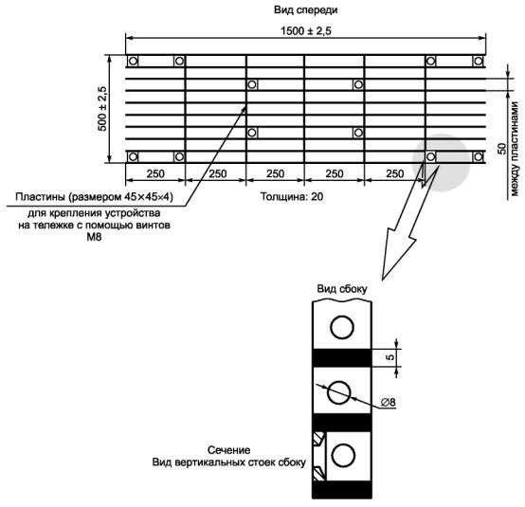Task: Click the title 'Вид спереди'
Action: pyautogui.click(x=305, y=10)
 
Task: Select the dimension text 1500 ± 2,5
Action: pyautogui.click(x=306, y=31)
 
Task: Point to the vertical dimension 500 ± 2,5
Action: pyautogui.click(x=102, y=108)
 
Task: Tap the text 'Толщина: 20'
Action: pyautogui.click(x=292, y=196)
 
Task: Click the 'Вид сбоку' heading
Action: pyautogui.click(x=342, y=289)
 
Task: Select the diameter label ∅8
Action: pyautogui.click(x=388, y=402)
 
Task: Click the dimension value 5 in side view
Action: pyautogui.click(x=390, y=357)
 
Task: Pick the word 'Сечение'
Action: pyautogui.click(x=229, y=450)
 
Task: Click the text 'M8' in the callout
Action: pyautogui.click(x=94, y=237)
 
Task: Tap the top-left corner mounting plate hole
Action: pyautogui.click(x=133, y=62)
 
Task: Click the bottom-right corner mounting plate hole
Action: pyautogui.click(x=479, y=156)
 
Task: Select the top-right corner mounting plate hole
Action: pyautogui.click(x=479, y=62)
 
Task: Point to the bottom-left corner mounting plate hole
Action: pyautogui.click(x=133, y=156)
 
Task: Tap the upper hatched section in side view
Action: pyautogui.click(x=318, y=439)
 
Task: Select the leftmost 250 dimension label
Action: pyautogui.click(x=155, y=173)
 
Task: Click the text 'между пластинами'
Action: pyautogui.click(x=515, y=149)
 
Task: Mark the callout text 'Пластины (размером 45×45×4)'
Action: pyautogui.click(x=94, y=197)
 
